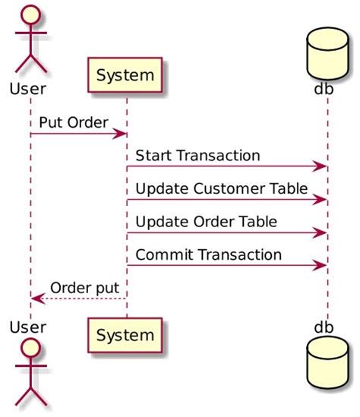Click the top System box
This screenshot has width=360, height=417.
pos(126,75)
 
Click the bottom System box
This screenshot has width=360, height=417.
pos(126,334)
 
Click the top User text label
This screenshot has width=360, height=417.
pos(28,88)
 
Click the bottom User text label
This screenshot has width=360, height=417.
pos(28,327)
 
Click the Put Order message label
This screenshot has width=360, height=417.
pos(73,122)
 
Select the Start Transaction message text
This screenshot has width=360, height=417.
pos(198,155)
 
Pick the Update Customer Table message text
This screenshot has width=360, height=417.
pos(222,188)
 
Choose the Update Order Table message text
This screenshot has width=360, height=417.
pos(207,221)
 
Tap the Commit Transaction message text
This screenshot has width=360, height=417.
pos(209,254)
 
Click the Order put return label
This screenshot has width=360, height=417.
pos(84,288)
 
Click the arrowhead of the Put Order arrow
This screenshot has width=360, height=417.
pos(121,134)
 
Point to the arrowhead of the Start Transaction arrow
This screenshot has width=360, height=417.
pos(321,166)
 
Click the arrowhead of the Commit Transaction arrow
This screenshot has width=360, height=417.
pos(321,266)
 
